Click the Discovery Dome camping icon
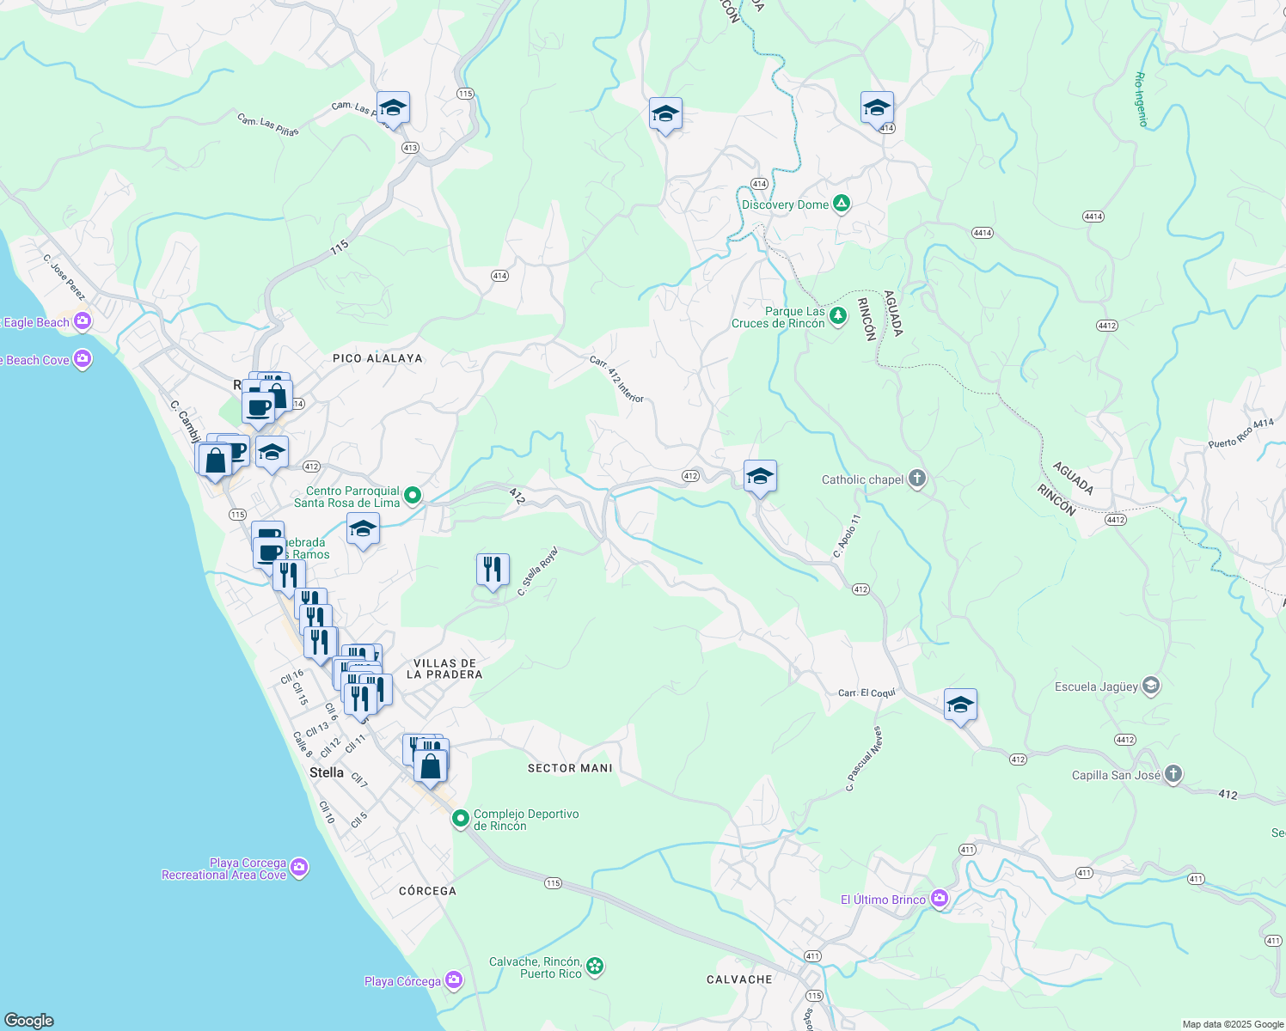[842, 204]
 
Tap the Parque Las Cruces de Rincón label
[778, 318]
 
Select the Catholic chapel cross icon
[917, 479]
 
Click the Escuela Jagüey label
[1096, 686]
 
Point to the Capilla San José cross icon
[1173, 775]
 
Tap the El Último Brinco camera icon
[940, 899]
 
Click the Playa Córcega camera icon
[454, 980]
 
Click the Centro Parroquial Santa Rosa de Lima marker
[413, 496]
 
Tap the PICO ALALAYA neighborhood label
[377, 358]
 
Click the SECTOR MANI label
[570, 768]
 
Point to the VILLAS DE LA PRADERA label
[444, 668]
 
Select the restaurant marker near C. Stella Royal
[493, 570]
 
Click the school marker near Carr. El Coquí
[960, 705]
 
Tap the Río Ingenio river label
[1142, 100]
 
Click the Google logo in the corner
[29, 1020]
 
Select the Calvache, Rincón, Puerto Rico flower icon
[595, 967]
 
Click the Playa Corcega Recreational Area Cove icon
[299, 869]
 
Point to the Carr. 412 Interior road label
[616, 380]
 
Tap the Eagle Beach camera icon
[83, 322]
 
